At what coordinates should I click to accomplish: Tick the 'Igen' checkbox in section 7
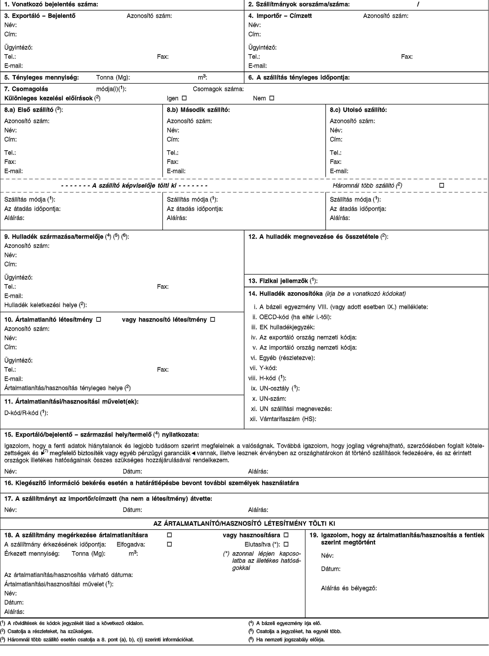click(184, 98)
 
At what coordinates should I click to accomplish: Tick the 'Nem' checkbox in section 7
click(272, 98)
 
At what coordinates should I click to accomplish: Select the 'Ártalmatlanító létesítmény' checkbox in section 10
click(99, 319)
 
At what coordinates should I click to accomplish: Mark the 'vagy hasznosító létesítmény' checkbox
click(212, 319)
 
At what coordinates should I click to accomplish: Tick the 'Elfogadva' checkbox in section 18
click(169, 544)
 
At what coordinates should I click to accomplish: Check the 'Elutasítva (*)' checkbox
click(286, 544)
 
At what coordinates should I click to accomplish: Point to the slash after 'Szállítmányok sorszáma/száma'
click(418, 4)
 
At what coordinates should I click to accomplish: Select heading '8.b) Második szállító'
click(198, 110)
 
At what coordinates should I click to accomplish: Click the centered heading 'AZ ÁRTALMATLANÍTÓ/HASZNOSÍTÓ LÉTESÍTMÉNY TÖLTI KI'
click(244, 523)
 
